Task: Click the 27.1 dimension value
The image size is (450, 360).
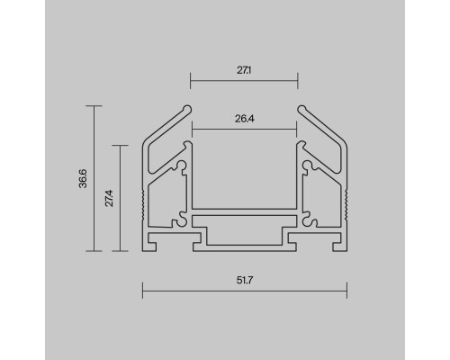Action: tap(244, 70)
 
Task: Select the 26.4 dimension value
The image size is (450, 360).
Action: tap(245, 119)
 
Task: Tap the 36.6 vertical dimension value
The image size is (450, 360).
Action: tap(83, 178)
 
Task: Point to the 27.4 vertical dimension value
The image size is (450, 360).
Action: tap(109, 198)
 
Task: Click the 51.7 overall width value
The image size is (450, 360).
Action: tap(245, 280)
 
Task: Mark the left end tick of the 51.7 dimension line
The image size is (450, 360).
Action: tap(142, 291)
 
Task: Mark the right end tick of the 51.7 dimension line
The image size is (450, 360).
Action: tap(346, 291)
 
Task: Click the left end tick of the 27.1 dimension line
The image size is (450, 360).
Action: tap(190, 81)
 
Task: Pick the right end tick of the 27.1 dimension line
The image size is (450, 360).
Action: tap(298, 81)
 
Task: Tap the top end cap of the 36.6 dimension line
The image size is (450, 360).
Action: tap(94, 105)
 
